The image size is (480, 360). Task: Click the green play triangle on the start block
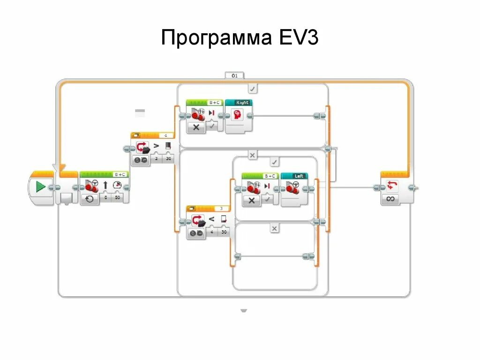[x=41, y=187]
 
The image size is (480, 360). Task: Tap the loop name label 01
[x=234, y=75]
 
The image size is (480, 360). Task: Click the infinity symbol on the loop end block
[x=390, y=198]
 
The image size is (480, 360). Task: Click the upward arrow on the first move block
[x=105, y=186]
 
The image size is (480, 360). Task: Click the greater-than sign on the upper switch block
[x=156, y=147]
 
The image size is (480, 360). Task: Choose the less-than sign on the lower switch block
[x=211, y=219]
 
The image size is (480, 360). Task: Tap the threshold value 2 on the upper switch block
[x=156, y=159]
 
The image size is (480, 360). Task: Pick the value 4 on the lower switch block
[x=211, y=232]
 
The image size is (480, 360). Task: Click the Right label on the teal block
[x=242, y=102]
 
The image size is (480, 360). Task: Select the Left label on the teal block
[x=298, y=176]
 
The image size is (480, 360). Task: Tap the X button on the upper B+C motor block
[x=196, y=127]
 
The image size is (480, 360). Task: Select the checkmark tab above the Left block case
[x=275, y=162]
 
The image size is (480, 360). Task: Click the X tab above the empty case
[x=275, y=228]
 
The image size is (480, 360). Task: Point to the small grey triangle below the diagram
[x=244, y=310]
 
